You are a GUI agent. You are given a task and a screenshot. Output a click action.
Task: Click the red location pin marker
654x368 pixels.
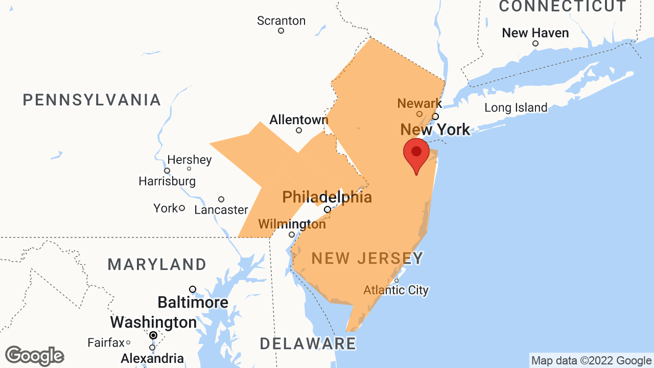[x=416, y=153]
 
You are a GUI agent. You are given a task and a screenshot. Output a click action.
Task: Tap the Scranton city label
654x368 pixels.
[x=281, y=21]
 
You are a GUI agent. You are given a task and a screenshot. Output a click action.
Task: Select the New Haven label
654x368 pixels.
[x=535, y=33]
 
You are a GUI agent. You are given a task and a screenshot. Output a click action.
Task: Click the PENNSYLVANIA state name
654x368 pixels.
[x=92, y=100]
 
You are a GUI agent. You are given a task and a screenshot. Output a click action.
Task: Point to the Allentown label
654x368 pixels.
[x=298, y=120]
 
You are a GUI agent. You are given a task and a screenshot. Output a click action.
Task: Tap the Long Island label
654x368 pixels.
[x=516, y=108]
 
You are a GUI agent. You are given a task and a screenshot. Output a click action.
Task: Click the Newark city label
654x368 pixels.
[x=419, y=103]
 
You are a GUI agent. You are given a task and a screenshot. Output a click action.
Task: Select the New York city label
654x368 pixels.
[x=435, y=129]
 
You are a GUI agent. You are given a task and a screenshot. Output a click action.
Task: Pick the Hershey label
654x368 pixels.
[x=189, y=159]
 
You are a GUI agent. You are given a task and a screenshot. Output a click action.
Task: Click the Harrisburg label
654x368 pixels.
[x=167, y=181]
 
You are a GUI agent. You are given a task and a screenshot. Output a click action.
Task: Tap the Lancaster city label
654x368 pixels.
[x=221, y=210]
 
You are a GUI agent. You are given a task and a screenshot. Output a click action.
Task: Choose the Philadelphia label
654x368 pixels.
[x=327, y=197]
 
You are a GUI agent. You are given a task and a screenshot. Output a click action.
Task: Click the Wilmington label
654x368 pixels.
[x=292, y=224]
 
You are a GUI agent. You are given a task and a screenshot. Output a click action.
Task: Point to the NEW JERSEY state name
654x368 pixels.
[x=367, y=258]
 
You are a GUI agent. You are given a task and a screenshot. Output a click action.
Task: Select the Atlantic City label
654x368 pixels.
[x=396, y=290]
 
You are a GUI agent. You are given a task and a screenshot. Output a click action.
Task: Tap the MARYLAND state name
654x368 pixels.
[x=157, y=264]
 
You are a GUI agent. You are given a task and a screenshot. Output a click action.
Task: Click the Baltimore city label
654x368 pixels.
[x=193, y=302]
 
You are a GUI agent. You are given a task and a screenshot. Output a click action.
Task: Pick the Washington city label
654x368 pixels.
[x=153, y=323]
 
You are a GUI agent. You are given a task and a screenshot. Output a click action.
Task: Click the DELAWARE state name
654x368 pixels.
[x=308, y=343]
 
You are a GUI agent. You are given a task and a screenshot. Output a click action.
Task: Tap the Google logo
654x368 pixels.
[x=34, y=356]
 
